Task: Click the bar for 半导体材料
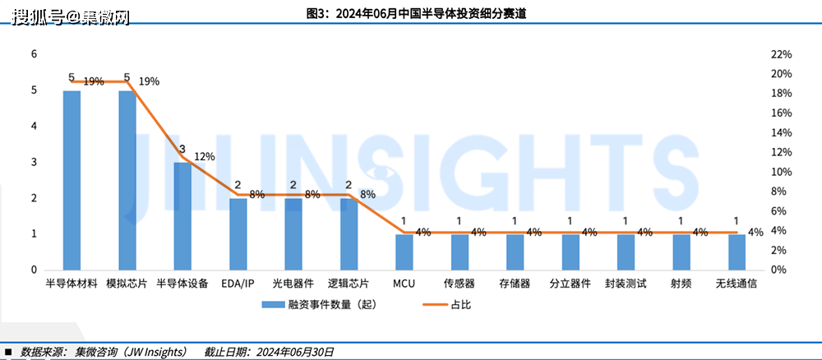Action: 72,180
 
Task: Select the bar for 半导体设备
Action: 182,216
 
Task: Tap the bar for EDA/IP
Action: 238,234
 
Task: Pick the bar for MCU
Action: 404,252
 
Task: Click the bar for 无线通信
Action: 737,252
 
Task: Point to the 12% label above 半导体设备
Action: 204,157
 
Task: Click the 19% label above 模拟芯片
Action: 149,81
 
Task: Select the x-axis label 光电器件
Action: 293,284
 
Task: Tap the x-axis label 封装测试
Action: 626,284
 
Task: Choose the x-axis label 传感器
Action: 459,284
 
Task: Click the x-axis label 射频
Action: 681,284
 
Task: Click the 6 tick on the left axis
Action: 34,54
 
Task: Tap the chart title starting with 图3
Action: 411,12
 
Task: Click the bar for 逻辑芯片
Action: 349,234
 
